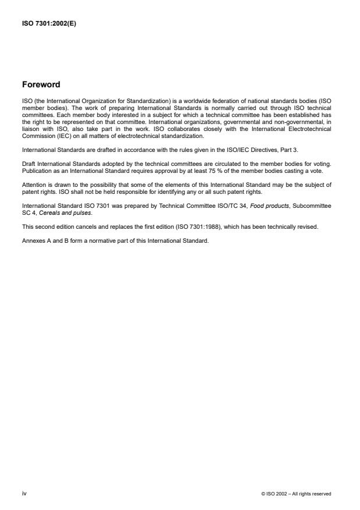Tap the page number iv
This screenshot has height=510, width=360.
click(24, 493)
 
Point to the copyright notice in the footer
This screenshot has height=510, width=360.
click(297, 493)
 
